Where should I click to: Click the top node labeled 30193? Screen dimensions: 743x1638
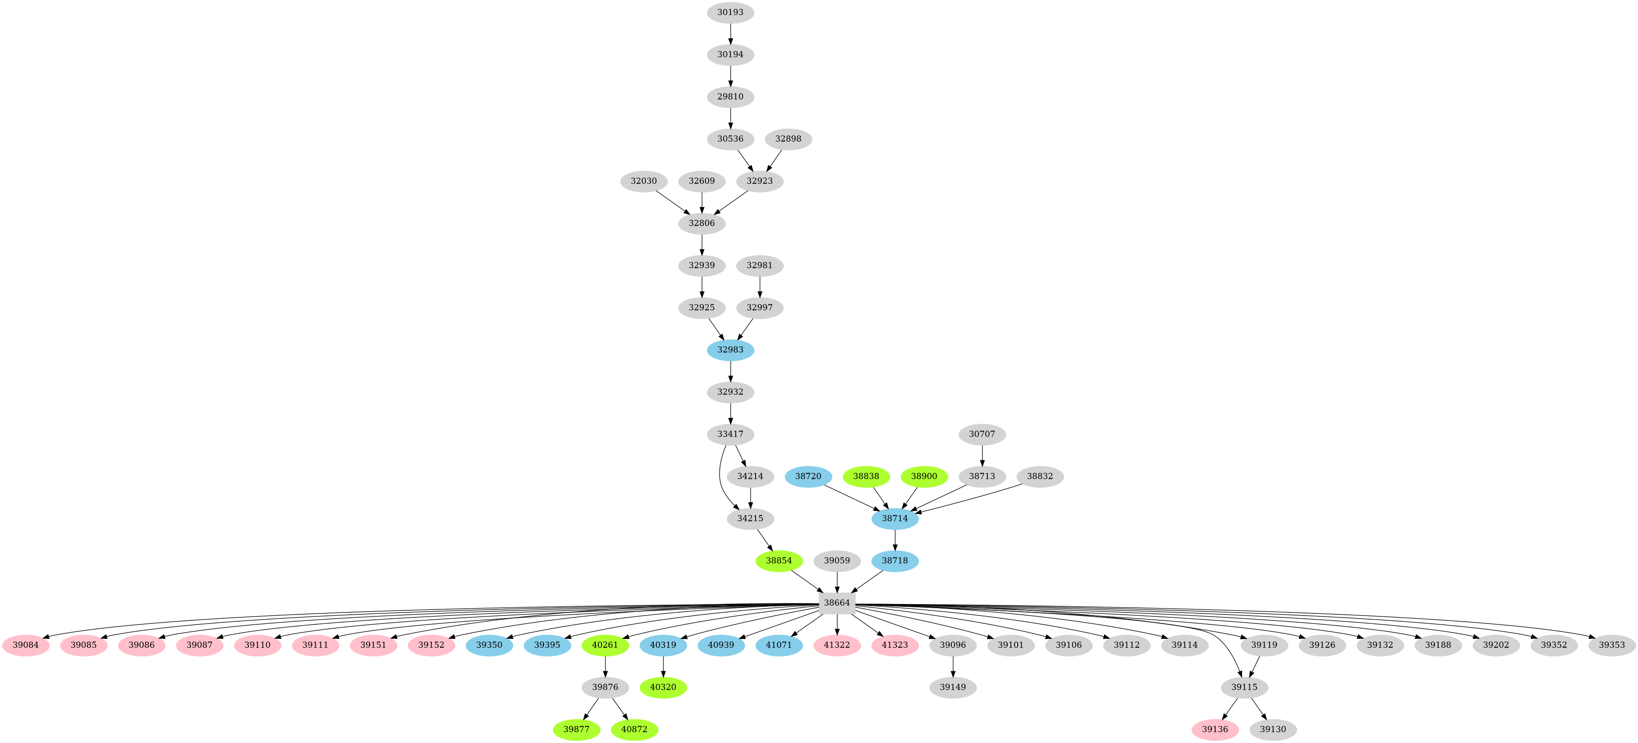coord(730,12)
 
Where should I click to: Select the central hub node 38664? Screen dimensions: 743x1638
coord(836,602)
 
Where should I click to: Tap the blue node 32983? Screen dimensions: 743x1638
coord(730,349)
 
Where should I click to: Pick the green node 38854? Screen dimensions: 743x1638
coord(778,560)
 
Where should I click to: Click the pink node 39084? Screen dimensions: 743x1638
coord(25,645)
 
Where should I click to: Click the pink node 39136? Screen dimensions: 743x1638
coord(1214,729)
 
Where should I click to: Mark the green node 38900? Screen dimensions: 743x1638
coord(924,476)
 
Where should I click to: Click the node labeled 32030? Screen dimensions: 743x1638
coord(644,181)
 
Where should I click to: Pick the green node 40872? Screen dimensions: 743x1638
coord(634,729)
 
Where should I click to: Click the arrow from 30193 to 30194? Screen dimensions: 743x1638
coord(730,33)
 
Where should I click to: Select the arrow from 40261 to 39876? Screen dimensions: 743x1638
coord(605,665)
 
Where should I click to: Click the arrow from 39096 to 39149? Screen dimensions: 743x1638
coord(953,665)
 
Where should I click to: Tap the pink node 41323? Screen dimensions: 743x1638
coord(895,645)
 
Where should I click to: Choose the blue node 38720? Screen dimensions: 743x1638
coord(807,476)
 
